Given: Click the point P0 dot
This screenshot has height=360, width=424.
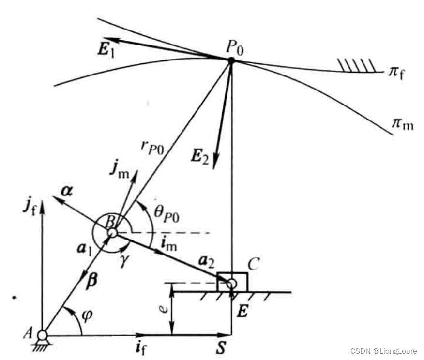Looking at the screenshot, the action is point(231,60).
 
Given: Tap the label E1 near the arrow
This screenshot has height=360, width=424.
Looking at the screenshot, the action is point(106,50).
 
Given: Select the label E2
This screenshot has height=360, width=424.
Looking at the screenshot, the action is point(200,156).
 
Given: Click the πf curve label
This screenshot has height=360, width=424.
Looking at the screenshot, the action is point(397,73).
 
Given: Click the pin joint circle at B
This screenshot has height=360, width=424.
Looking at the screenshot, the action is point(112,232).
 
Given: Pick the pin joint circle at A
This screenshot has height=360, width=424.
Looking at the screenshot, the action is point(42,335).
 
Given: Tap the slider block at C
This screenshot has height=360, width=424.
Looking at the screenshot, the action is point(232,282).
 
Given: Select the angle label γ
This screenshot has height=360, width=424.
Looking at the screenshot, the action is point(124,260).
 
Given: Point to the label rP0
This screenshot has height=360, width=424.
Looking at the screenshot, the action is point(152,148).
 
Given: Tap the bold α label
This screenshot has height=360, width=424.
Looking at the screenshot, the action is point(67,191).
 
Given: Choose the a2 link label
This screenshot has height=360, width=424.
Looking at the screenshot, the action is point(207,261).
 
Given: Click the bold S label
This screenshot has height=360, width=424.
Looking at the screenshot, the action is point(221,347).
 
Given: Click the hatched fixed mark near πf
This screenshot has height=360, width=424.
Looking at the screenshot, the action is point(356,65).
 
